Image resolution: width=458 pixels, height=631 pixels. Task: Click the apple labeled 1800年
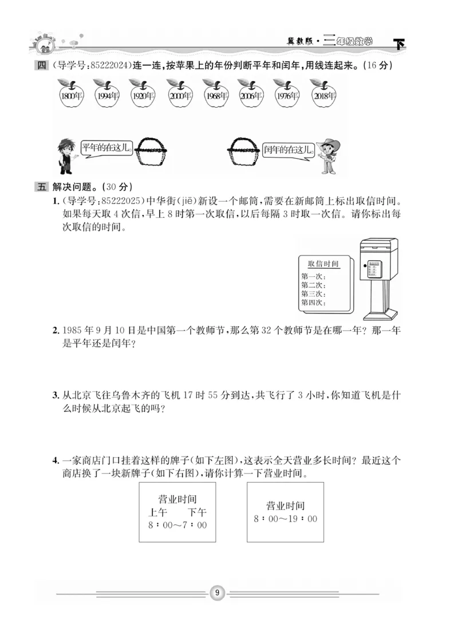click(70, 95)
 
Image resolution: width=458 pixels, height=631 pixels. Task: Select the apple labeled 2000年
click(179, 95)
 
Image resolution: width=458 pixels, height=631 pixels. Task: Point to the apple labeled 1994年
click(106, 95)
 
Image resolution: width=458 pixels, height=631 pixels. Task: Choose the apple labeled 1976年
click(287, 95)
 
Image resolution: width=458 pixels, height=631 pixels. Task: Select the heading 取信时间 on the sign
click(323, 264)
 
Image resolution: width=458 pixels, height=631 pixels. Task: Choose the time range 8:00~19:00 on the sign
click(285, 519)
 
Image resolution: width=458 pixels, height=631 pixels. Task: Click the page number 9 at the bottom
click(218, 593)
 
